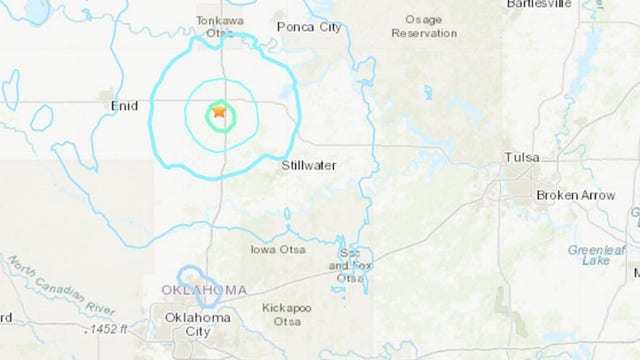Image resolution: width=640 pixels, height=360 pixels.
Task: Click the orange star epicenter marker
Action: click(x=218, y=113)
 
